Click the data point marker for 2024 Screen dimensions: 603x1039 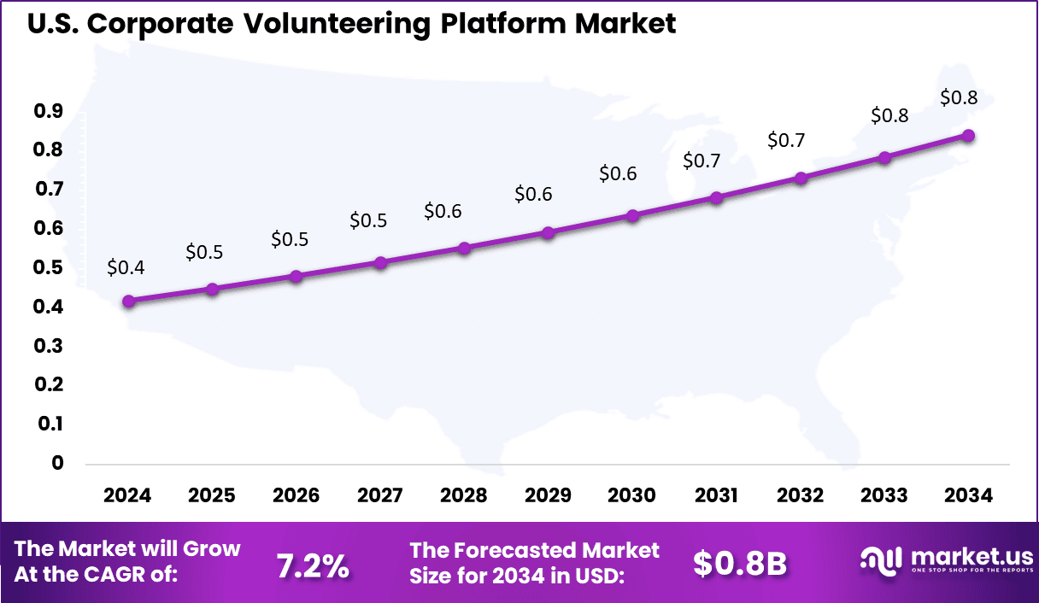point(128,301)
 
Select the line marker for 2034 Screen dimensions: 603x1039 point(968,135)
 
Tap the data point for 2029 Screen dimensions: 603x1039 point(549,232)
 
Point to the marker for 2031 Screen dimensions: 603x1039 point(716,197)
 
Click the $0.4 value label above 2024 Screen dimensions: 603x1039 point(126,267)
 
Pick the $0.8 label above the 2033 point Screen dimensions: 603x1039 point(889,114)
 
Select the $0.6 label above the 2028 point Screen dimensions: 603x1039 point(443,211)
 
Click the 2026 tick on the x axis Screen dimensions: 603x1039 point(296,496)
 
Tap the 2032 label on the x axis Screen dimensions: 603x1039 point(801,496)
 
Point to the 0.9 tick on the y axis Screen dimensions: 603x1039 point(49,110)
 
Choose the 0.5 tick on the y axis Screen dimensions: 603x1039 point(49,267)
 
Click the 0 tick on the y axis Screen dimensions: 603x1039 point(58,463)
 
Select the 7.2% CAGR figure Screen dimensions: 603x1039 point(313,565)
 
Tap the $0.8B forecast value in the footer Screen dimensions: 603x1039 point(739,564)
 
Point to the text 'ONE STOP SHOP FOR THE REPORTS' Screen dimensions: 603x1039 point(971,570)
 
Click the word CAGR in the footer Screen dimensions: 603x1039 point(138,575)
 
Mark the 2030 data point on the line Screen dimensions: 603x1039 point(632,215)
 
